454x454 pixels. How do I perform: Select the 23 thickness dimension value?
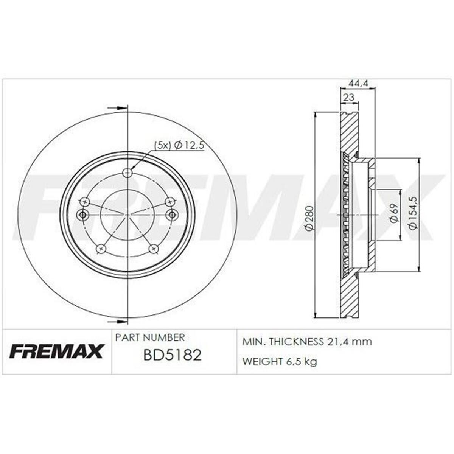(349, 97)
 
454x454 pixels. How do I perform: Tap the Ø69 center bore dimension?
(393, 214)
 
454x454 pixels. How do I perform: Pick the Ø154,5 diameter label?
(413, 214)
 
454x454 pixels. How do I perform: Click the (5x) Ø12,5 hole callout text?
(179, 145)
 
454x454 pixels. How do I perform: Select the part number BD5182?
(172, 355)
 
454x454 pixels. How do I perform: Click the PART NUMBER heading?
(150, 337)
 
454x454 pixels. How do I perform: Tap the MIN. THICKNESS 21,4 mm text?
(307, 342)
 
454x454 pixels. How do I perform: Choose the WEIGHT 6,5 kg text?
(280, 361)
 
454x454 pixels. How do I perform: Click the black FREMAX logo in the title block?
(56, 351)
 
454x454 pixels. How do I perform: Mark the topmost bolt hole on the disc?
(128, 173)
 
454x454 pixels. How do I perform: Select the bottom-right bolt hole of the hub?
(153, 249)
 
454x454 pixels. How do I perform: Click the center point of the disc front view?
(127, 215)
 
